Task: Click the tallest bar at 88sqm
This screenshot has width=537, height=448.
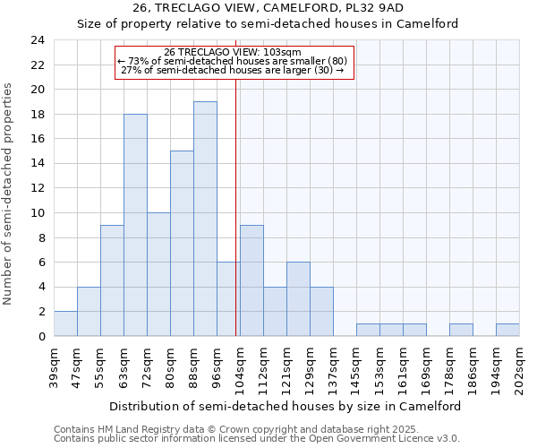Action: (x=205, y=219)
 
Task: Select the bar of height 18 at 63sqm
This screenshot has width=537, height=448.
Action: (x=135, y=225)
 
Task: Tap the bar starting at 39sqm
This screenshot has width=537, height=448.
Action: (x=65, y=323)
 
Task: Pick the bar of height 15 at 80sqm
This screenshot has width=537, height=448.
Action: (x=182, y=244)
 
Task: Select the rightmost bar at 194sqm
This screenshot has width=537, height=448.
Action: (x=507, y=330)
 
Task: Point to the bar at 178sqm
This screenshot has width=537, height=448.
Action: (x=461, y=330)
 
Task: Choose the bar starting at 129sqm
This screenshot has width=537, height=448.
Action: (x=321, y=311)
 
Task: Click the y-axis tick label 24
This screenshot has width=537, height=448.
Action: (x=38, y=40)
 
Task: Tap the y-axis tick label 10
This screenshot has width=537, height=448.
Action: (x=38, y=213)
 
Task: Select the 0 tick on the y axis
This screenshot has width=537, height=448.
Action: (x=41, y=336)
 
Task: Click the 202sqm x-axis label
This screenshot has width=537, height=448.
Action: (x=520, y=366)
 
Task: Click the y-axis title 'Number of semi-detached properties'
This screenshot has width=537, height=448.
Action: (x=9, y=194)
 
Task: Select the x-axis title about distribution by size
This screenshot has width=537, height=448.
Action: (x=286, y=406)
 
